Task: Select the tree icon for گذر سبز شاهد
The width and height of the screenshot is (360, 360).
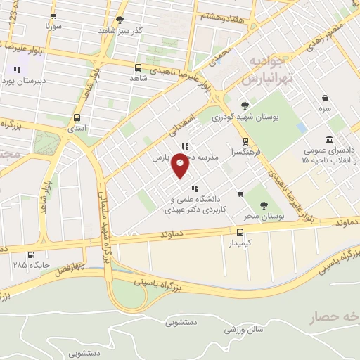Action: (120, 20)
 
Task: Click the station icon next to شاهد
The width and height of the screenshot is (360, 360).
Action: (137, 68)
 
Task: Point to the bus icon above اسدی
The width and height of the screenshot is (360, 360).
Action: (77, 118)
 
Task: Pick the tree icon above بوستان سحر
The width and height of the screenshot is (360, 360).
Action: (264, 206)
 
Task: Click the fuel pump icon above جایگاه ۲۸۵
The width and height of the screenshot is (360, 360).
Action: (30, 255)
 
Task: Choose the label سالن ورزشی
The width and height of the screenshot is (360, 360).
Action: (250, 329)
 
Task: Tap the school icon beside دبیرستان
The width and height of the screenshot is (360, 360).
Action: (17, 70)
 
